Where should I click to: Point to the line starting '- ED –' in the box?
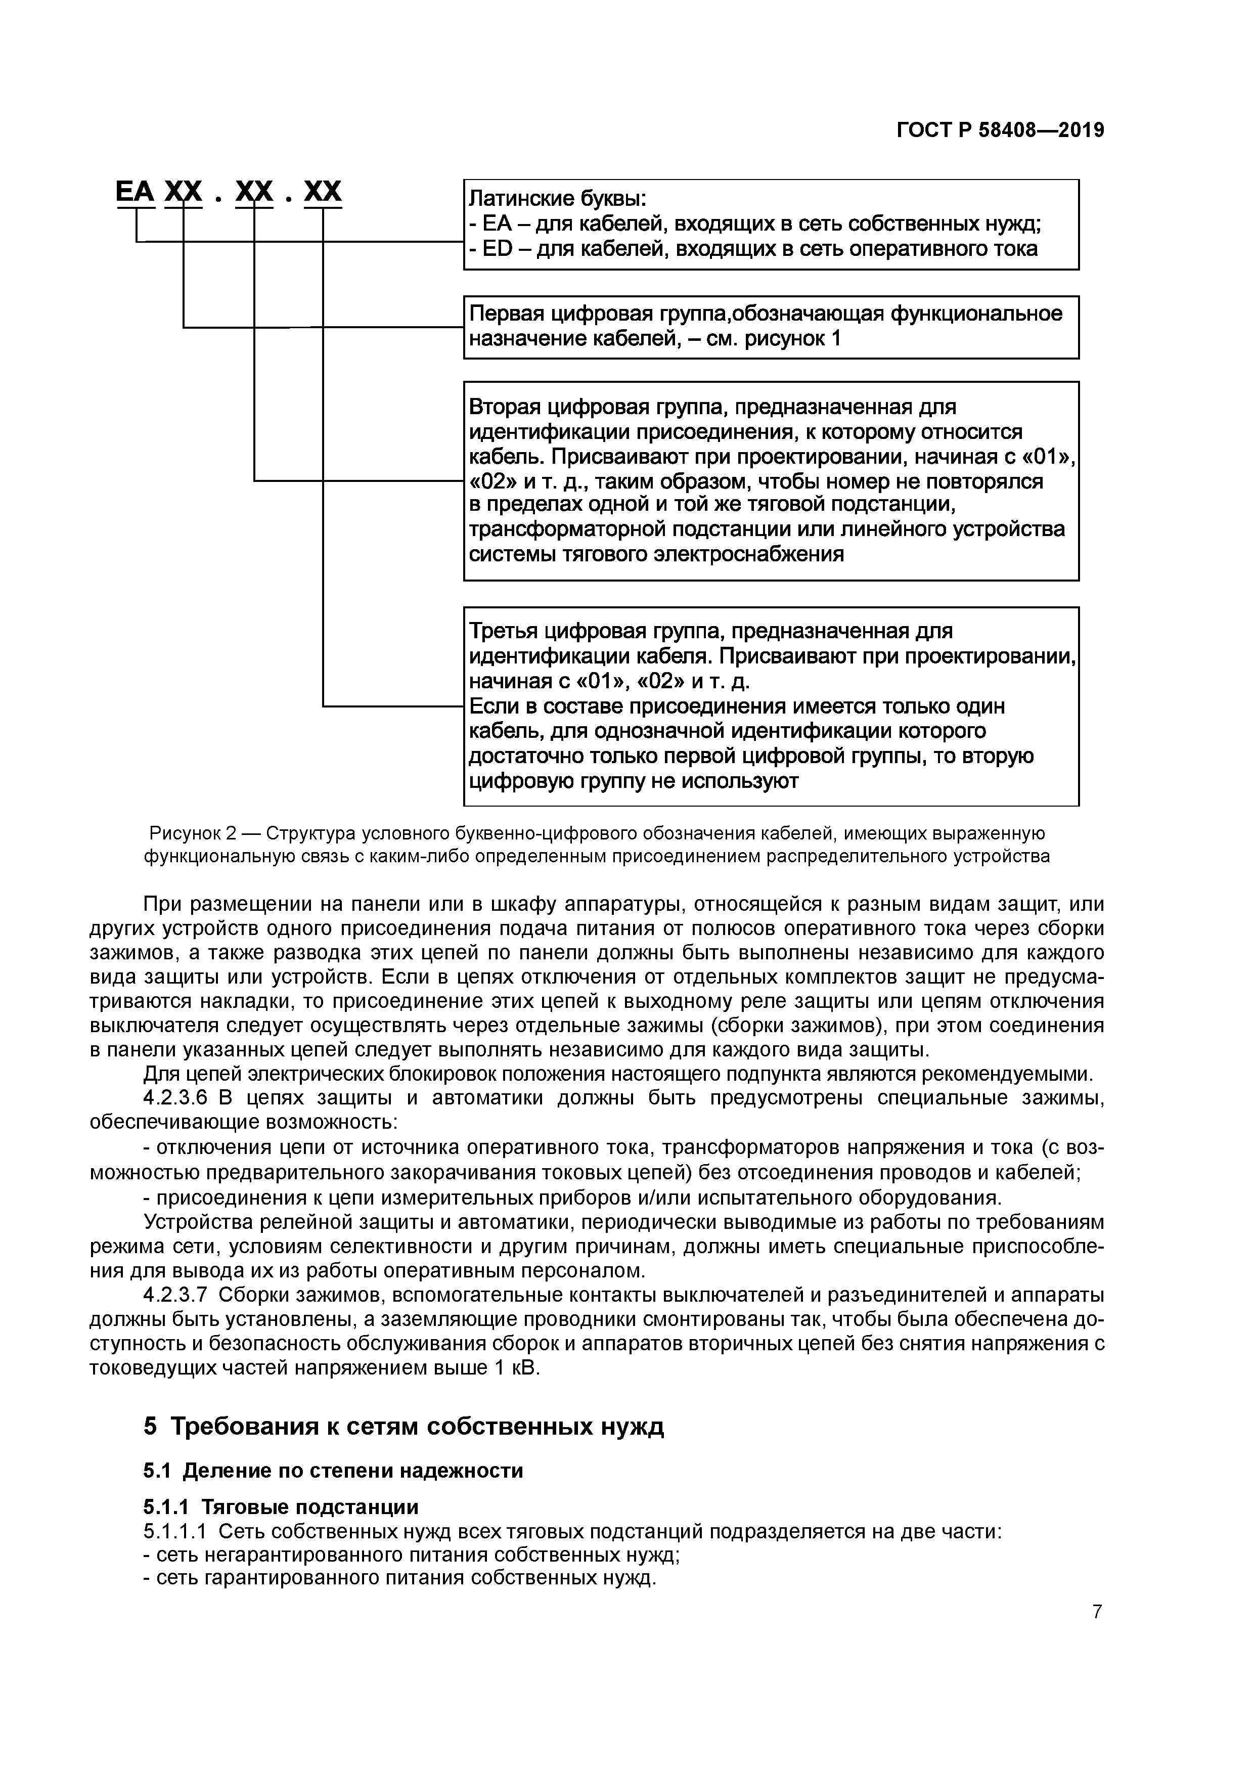point(753,249)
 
